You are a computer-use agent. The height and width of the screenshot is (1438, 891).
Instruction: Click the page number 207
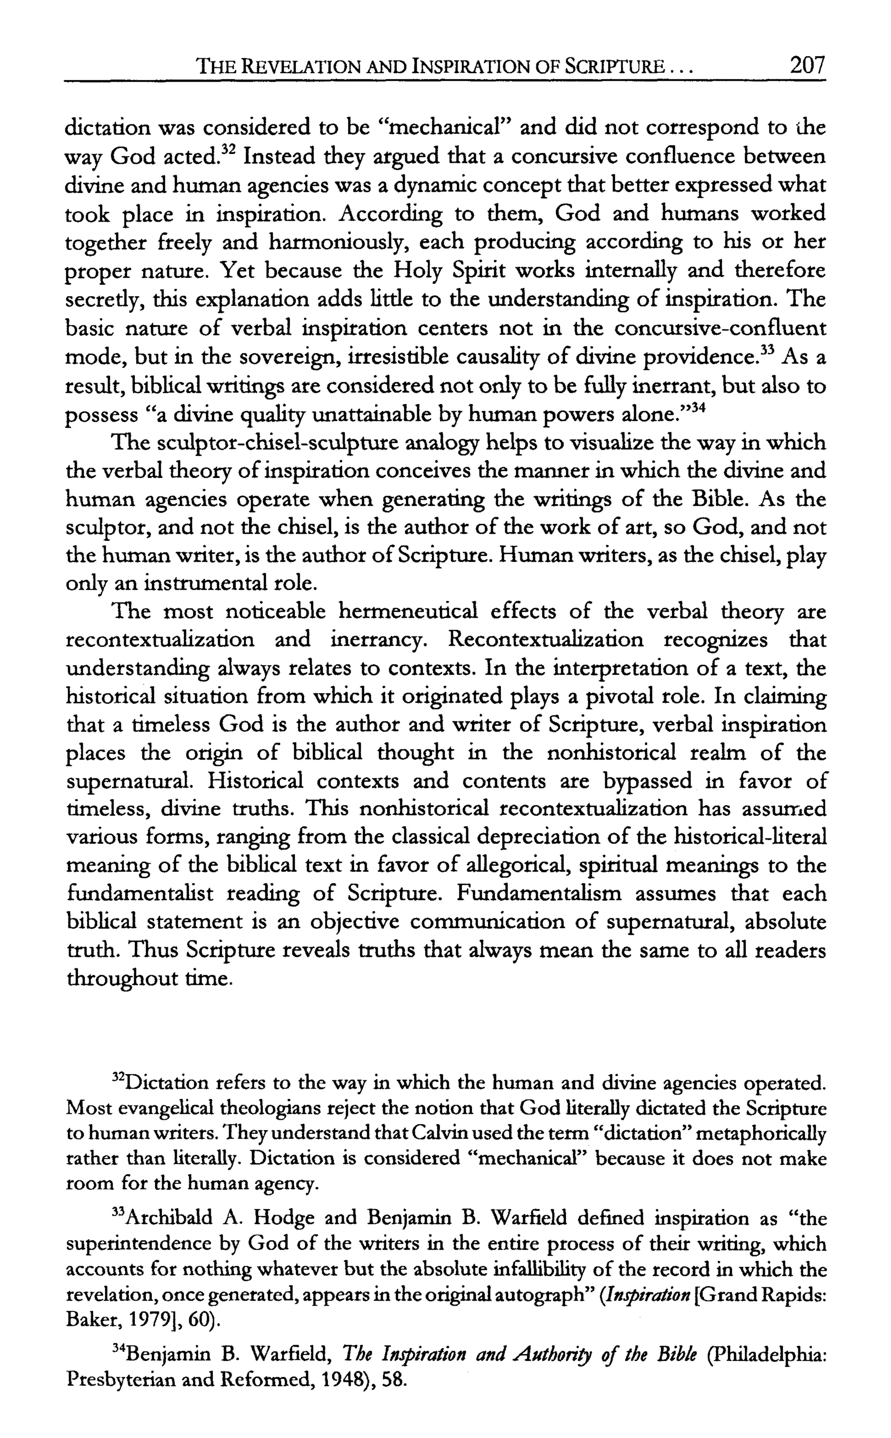point(807,65)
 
